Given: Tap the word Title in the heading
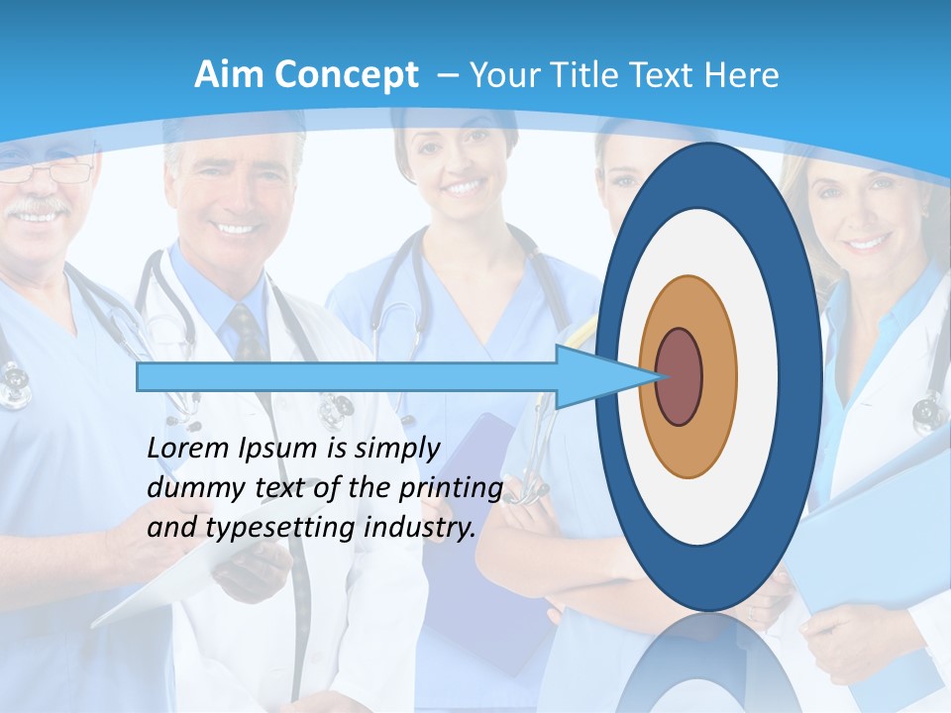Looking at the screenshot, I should (x=594, y=74).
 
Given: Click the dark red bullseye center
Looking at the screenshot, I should (x=679, y=376).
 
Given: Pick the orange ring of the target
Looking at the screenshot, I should (x=719, y=376).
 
